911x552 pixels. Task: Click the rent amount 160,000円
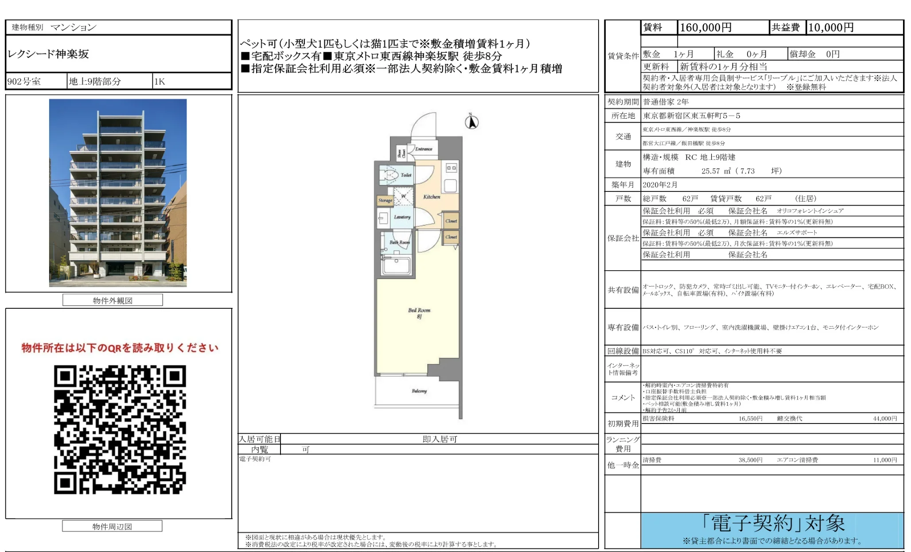click(705, 27)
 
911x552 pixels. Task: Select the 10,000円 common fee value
click(831, 27)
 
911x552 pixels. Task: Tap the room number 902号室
click(24, 82)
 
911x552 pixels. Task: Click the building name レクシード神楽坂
click(48, 54)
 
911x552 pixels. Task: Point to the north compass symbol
click(471, 121)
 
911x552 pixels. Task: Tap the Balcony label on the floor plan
click(419, 391)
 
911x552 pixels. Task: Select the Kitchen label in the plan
click(431, 197)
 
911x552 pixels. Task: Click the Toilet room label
click(405, 175)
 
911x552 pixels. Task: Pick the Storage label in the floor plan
click(385, 200)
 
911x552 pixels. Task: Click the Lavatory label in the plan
click(402, 217)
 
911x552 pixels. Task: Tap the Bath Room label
click(399, 242)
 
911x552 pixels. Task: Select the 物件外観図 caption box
click(113, 300)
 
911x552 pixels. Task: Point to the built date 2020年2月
click(660, 185)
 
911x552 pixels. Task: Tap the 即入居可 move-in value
click(439, 439)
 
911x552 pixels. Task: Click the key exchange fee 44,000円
click(884, 418)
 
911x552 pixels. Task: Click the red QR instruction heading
click(120, 348)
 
